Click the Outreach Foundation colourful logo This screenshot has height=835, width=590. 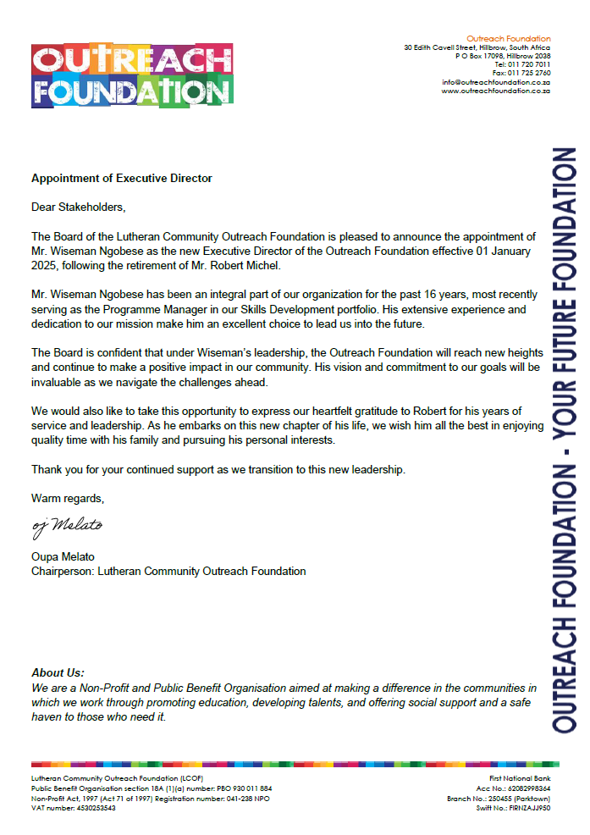click(x=132, y=75)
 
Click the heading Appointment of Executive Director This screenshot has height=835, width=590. click(x=121, y=178)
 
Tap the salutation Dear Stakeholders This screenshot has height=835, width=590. click(x=77, y=207)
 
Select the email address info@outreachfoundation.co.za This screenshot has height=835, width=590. click(x=496, y=82)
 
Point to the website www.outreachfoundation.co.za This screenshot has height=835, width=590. click(x=496, y=91)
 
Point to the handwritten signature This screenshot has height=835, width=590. click(x=67, y=526)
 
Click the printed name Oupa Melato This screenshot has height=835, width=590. click(x=63, y=556)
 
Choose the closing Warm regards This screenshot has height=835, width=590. click(x=68, y=498)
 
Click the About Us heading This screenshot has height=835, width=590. click(x=58, y=672)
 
